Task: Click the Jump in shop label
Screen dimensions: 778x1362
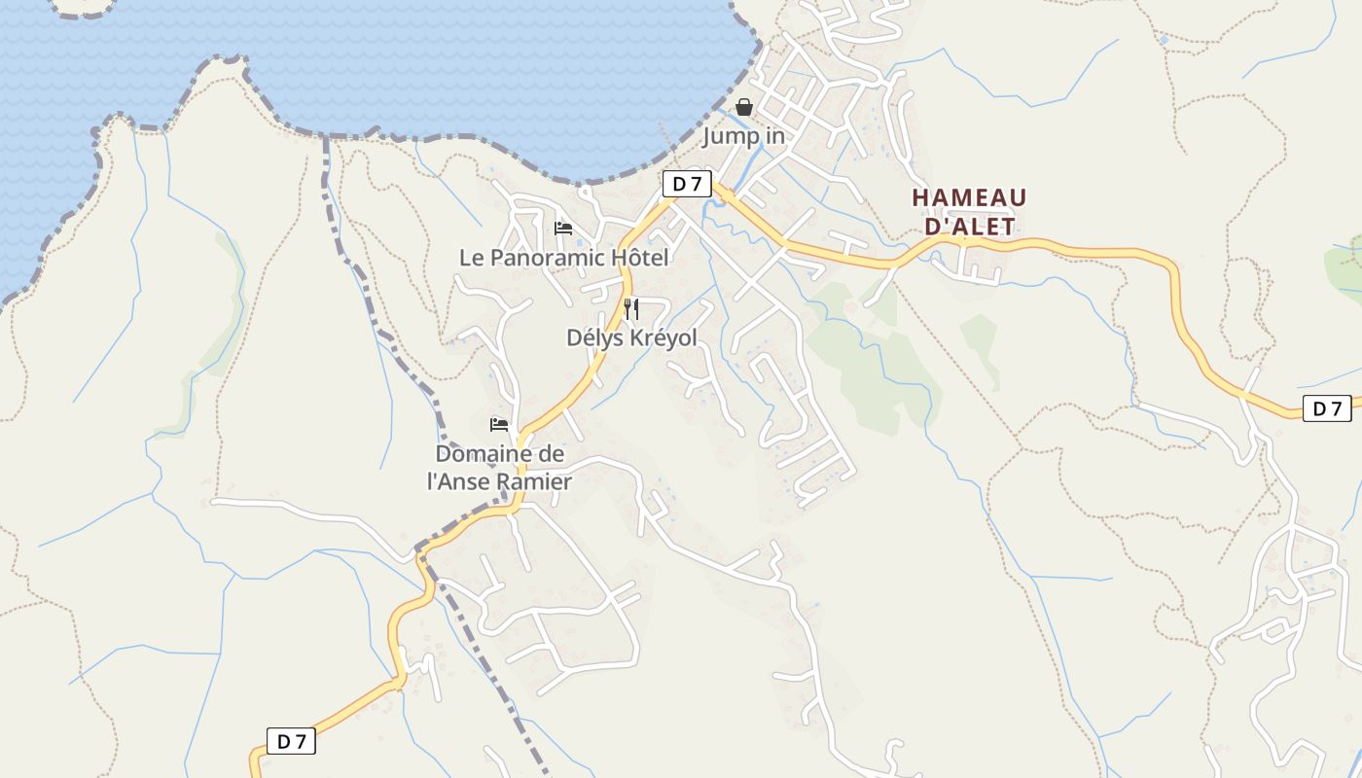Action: (x=744, y=136)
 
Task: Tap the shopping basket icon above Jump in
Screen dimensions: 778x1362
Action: (x=744, y=107)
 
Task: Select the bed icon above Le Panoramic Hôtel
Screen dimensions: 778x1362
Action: (x=563, y=229)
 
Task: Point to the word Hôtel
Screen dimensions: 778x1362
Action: (x=641, y=258)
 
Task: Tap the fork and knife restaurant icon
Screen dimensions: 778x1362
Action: (x=631, y=309)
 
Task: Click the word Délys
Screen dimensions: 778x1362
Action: (x=594, y=337)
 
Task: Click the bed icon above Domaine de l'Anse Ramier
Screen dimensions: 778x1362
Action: (x=499, y=425)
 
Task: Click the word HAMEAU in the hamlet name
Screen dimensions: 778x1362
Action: (x=969, y=198)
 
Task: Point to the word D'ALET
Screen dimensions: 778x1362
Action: (x=969, y=227)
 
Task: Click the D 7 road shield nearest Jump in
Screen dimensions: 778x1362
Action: (x=687, y=184)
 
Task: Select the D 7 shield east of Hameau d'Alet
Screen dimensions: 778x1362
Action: (x=1327, y=408)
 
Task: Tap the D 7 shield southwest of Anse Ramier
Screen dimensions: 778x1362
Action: (x=291, y=741)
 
